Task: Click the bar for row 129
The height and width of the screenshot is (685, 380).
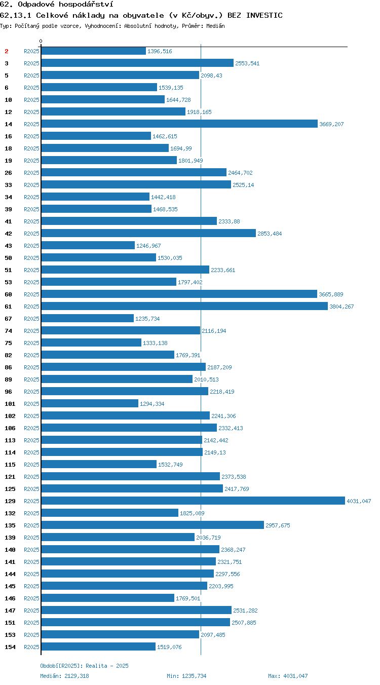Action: pos(193,501)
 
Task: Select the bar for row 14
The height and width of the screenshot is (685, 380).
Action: pos(179,124)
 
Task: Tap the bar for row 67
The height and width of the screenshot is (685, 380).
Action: pos(88,318)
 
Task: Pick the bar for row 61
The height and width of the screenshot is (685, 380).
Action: pos(184,306)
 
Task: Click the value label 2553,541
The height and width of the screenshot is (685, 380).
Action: pos(247,63)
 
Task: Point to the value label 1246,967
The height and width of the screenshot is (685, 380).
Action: pos(148,246)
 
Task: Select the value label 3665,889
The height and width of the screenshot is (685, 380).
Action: pos(331,294)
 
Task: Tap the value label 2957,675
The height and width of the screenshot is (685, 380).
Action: pos(278,525)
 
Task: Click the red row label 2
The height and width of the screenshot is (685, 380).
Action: pos(7,51)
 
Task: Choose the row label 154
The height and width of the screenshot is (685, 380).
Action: pos(10,647)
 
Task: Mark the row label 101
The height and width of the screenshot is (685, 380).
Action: pos(10,404)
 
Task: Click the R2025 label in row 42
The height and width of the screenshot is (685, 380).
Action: pos(31,234)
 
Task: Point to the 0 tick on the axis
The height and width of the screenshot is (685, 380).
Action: pos(41,41)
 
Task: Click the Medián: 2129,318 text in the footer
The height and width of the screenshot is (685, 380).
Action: pos(64,675)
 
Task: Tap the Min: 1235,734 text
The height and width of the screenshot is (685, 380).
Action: pos(186,675)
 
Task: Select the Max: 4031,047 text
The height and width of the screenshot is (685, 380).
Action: pos(288,675)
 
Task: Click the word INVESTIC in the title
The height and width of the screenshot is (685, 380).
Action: pos(264,15)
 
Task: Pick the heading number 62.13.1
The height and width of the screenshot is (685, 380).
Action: pos(16,15)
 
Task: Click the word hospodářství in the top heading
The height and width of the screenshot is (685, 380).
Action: pos(86,4)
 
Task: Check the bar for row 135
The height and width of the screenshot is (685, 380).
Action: pos(153,525)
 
